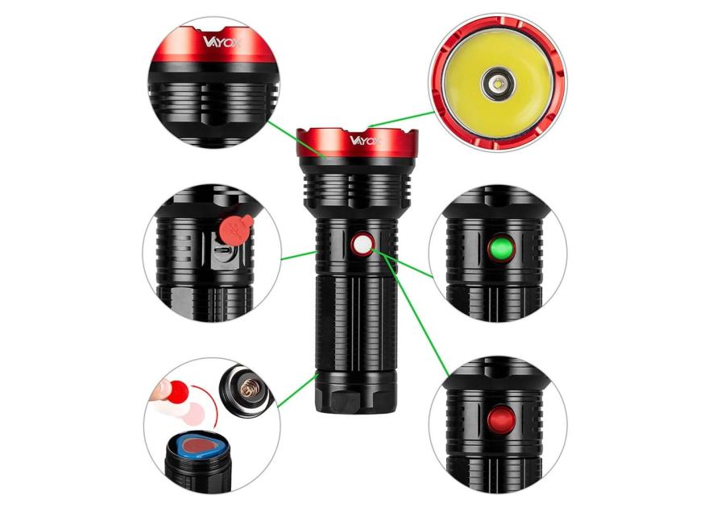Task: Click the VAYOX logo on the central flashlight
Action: point(365,140)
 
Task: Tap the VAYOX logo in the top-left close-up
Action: point(222,42)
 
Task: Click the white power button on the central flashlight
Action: point(362,245)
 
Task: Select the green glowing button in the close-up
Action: point(501,249)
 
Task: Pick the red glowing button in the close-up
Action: point(501,420)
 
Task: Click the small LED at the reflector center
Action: point(498,84)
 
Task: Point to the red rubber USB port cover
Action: point(235,229)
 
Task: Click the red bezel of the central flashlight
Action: point(358,142)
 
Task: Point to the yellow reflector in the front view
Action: point(498,84)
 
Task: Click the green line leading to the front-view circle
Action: point(401,119)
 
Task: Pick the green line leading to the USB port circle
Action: point(299,255)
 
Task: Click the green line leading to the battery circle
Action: point(297,391)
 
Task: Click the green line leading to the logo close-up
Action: point(296,139)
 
